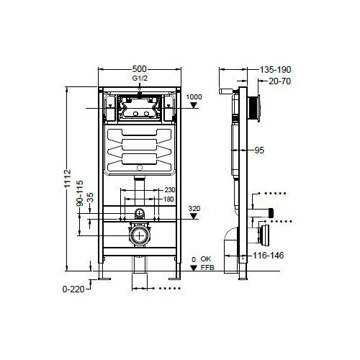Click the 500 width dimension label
tap(139, 69)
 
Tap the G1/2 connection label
tap(140, 78)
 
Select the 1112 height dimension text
tap(68, 179)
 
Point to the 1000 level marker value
tap(194, 97)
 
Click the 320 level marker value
tap(194, 208)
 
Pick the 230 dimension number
tap(169, 190)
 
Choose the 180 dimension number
tap(168, 199)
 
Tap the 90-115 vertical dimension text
tap(80, 193)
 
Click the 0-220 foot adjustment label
tap(73, 289)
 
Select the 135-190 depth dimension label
tap(276, 70)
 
